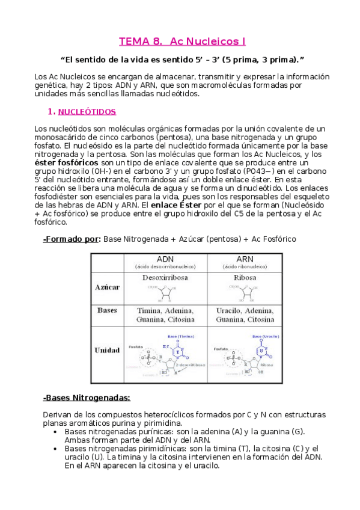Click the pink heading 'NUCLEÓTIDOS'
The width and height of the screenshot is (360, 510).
point(91,112)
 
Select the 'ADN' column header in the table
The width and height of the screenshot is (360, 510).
point(165,259)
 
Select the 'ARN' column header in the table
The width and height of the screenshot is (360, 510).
point(245,259)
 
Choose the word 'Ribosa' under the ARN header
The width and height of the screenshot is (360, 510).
point(245,278)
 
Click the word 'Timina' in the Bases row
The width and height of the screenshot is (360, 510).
point(147,310)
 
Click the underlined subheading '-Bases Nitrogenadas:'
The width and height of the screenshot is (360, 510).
point(87,398)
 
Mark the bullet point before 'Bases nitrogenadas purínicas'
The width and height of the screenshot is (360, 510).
point(56,432)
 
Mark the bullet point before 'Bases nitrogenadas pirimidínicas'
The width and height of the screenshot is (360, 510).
point(56,449)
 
